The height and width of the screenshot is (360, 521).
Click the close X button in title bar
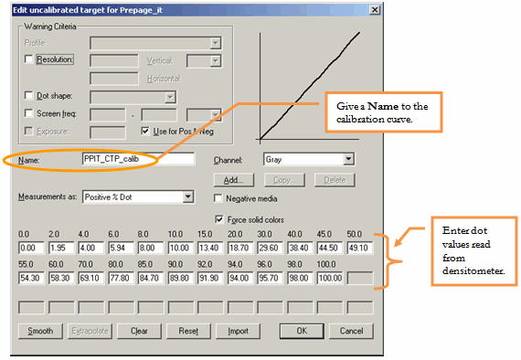click(375, 10)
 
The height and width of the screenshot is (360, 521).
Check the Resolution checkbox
click(29, 59)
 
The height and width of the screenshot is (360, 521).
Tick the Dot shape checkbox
click(29, 96)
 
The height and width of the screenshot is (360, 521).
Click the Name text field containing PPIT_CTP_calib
click(138, 159)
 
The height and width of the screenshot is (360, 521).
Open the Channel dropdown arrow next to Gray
click(348, 159)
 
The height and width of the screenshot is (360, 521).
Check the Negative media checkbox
click(218, 198)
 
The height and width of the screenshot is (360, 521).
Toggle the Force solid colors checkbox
click(219, 219)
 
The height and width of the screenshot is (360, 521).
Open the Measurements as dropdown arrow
click(188, 197)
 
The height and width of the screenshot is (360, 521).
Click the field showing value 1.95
click(61, 249)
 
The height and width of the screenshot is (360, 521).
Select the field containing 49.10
click(360, 249)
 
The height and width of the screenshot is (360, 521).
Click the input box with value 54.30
click(31, 278)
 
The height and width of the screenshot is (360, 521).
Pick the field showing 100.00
click(330, 278)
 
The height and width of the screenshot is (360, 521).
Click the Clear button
click(139, 331)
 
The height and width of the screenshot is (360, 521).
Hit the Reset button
click(188, 331)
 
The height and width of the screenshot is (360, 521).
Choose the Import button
click(238, 331)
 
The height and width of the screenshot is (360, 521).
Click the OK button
click(302, 331)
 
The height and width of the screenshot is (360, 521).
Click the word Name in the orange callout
click(383, 106)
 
